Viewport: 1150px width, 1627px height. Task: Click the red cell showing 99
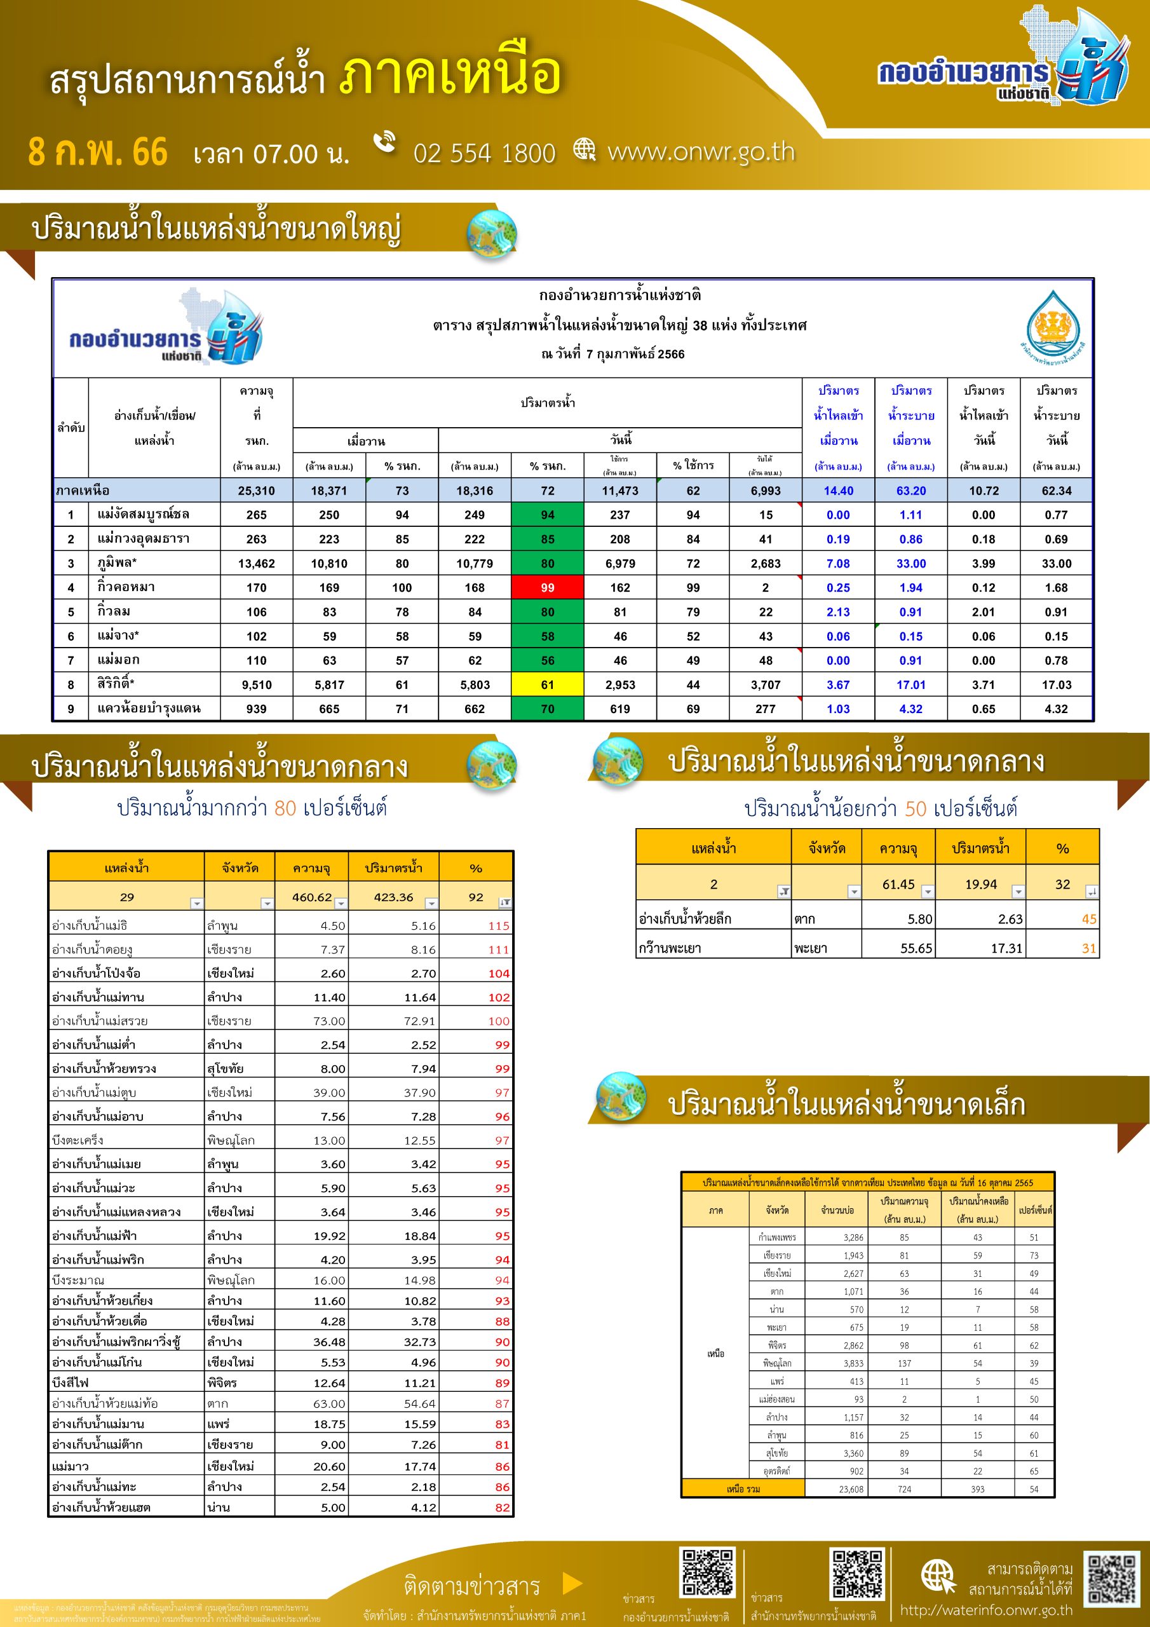tap(547, 587)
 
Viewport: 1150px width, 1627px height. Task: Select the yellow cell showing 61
tap(547, 684)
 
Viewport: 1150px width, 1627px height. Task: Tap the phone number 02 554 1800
tap(484, 153)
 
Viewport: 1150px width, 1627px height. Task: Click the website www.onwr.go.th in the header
tap(701, 152)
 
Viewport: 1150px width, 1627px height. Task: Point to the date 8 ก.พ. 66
tap(98, 153)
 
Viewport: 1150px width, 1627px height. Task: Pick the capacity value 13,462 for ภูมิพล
tap(257, 563)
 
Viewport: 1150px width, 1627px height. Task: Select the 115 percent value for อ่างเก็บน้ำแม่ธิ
tap(498, 925)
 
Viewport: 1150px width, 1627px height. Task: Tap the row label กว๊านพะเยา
tap(670, 948)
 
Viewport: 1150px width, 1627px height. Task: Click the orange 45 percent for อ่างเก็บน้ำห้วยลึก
tap(1088, 919)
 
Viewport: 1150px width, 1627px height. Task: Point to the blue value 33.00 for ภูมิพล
tap(910, 563)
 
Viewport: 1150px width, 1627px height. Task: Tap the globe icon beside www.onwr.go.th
tap(585, 149)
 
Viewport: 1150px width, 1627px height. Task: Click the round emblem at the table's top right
tap(1055, 328)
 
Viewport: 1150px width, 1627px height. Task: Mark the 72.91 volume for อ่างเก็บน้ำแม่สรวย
tap(419, 1021)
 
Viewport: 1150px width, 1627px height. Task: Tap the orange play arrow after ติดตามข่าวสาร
tap(572, 1583)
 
